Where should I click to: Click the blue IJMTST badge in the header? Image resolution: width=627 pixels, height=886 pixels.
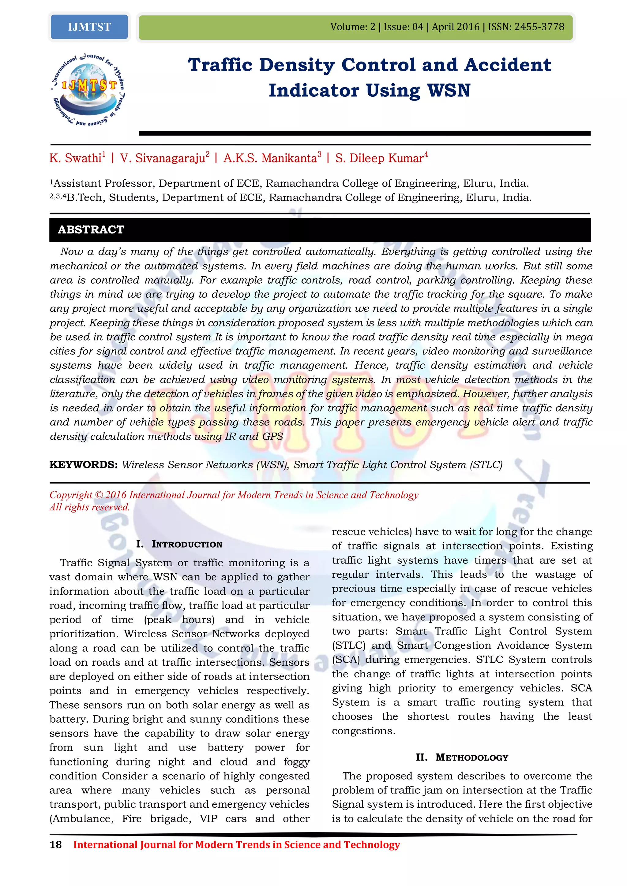click(89, 27)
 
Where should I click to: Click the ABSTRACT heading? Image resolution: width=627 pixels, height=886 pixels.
click(91, 229)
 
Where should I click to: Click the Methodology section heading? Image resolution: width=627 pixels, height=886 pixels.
click(462, 758)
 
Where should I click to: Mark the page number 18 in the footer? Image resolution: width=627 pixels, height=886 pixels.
click(56, 845)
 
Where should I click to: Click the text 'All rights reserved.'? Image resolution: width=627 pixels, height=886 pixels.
click(90, 507)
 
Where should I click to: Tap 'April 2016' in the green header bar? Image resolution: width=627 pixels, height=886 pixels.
click(456, 27)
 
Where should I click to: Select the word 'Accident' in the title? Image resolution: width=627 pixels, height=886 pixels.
click(508, 65)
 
